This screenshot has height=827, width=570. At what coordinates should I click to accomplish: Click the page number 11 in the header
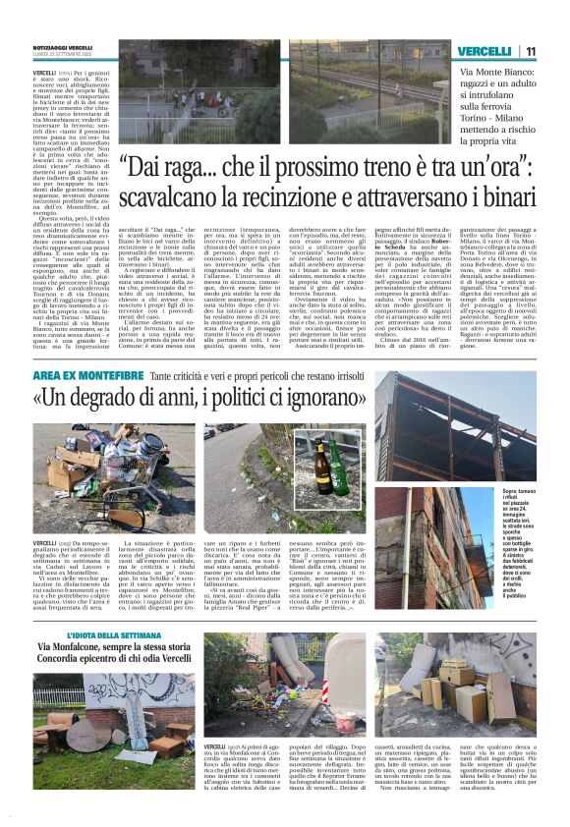530,51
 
